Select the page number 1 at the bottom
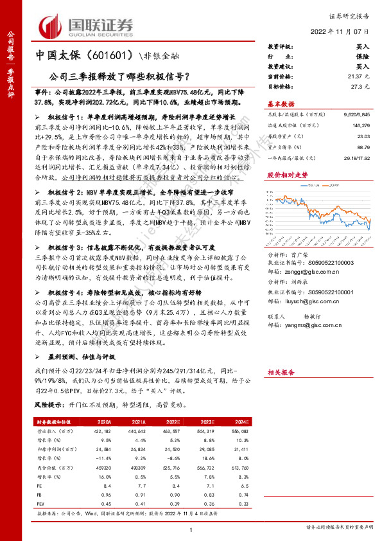191,528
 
